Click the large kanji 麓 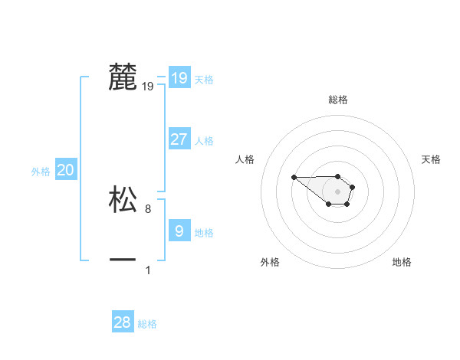click(x=123, y=77)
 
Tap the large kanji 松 click(x=123, y=199)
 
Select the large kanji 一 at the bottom click(x=123, y=260)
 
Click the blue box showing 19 click(x=179, y=78)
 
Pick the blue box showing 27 click(x=179, y=139)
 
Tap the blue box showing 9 click(x=179, y=231)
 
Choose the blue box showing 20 click(x=65, y=170)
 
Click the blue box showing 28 click(x=122, y=322)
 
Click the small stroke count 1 click(x=148, y=270)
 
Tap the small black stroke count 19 click(x=148, y=87)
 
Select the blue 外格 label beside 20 click(x=41, y=172)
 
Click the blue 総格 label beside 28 click(x=147, y=325)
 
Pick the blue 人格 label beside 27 click(x=204, y=141)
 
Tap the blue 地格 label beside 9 click(x=204, y=233)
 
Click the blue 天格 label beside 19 click(x=204, y=80)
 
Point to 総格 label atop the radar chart click(x=338, y=100)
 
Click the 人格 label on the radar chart click(x=245, y=159)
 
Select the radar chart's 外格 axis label click(x=270, y=262)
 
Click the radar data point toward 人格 click(x=294, y=178)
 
